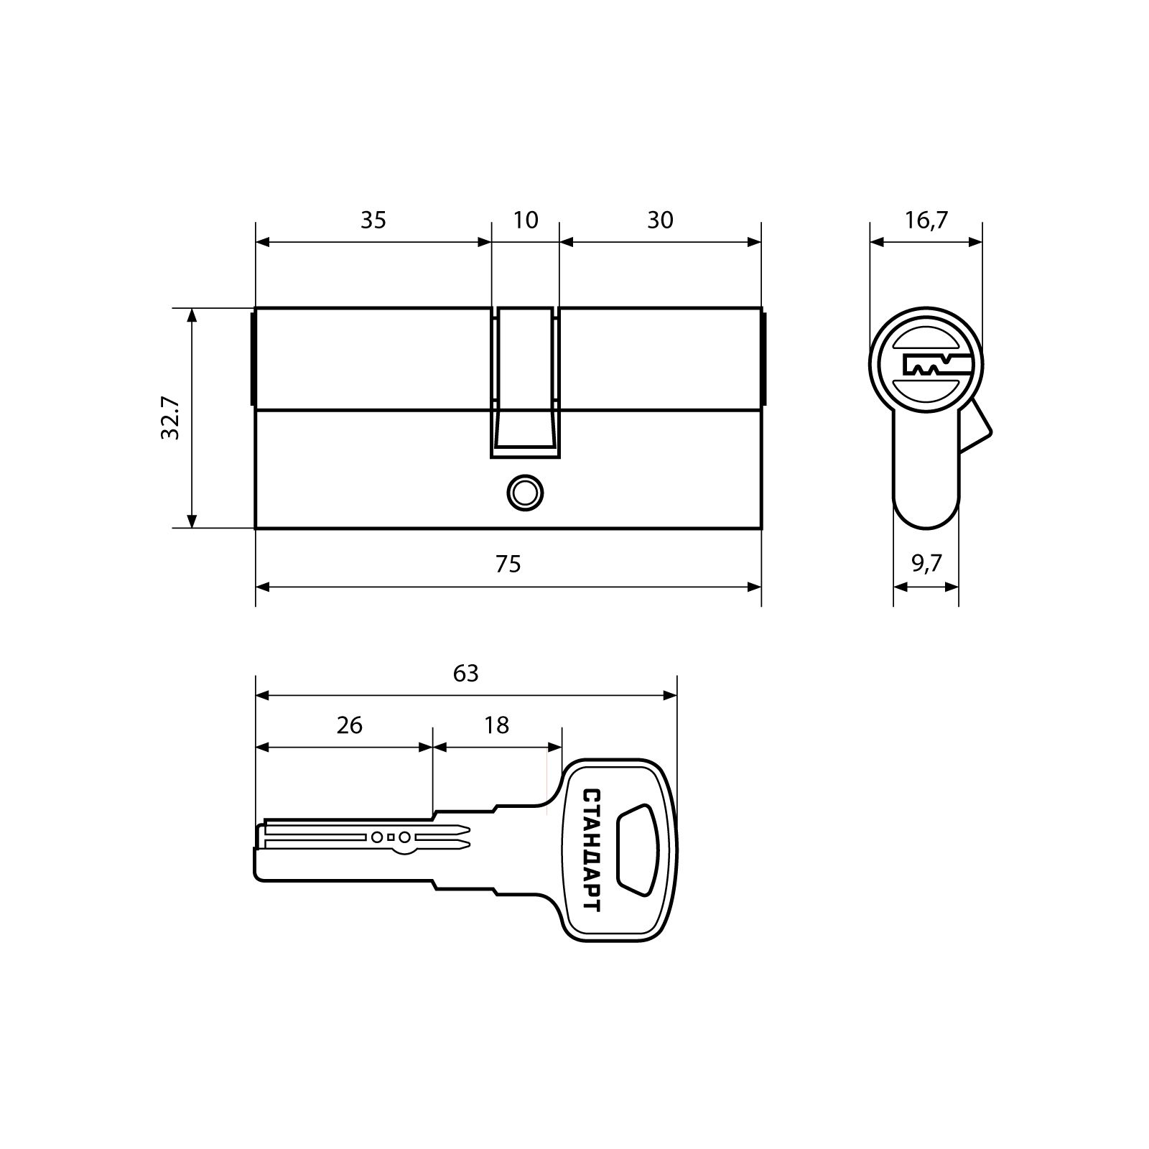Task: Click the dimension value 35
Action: pyautogui.click(x=373, y=220)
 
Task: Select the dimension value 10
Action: pyautogui.click(x=526, y=220)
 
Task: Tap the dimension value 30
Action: pyautogui.click(x=660, y=220)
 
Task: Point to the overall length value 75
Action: pyautogui.click(x=508, y=564)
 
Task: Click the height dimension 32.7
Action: pyautogui.click(x=170, y=419)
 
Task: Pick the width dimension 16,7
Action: pyautogui.click(x=926, y=220)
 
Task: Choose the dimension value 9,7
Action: pyautogui.click(x=926, y=564)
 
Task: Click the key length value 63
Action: pyautogui.click(x=465, y=674)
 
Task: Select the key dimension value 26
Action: pyautogui.click(x=349, y=725)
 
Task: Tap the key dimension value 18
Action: pyautogui.click(x=496, y=725)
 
